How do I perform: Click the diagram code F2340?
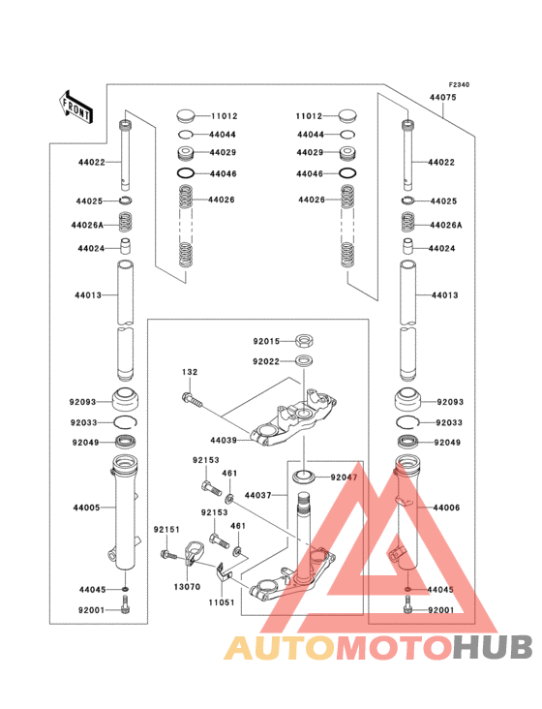[458, 85]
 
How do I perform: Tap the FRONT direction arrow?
[76, 104]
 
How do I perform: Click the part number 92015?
[266, 341]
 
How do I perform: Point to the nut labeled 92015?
[304, 341]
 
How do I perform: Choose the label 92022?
[266, 361]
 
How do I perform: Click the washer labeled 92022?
[304, 361]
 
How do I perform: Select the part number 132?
[190, 372]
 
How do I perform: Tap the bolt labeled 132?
[193, 396]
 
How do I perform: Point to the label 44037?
[258, 495]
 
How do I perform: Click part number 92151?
[166, 529]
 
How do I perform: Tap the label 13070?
[187, 586]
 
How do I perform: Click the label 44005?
[84, 508]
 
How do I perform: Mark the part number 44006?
[447, 508]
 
